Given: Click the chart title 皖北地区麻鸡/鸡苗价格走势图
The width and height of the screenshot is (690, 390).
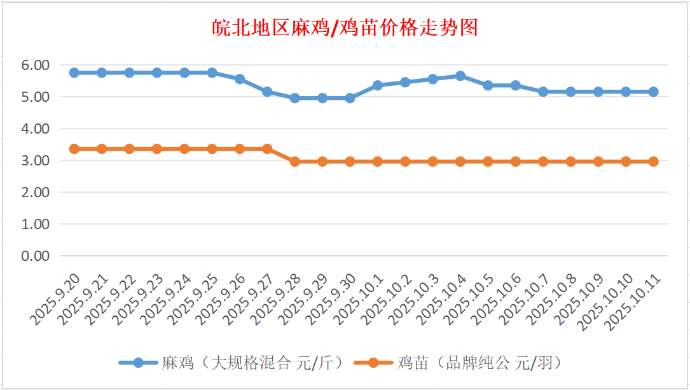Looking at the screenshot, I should [345, 28].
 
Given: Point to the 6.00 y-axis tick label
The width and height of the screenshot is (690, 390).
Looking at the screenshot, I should [36, 65].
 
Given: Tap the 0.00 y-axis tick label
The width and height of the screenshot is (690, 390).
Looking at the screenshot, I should [36, 256].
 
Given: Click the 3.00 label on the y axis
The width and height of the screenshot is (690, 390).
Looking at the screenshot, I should [36, 160].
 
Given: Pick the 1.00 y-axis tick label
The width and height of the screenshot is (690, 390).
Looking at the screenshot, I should [36, 224].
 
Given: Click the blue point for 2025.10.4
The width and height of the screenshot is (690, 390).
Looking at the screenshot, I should [460, 76].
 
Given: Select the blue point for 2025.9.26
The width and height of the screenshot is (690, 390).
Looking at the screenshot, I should [240, 79].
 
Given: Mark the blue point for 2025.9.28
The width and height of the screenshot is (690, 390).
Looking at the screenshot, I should [295, 98].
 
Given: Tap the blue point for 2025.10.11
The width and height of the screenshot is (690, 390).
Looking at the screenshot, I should [653, 92].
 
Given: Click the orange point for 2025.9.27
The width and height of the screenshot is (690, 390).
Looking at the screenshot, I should [267, 149].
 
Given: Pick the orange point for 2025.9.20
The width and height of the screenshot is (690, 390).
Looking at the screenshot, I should [74, 149].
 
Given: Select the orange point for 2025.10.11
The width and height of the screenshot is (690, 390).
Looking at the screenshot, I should [653, 162].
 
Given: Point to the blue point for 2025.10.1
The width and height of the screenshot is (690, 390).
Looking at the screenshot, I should [378, 85].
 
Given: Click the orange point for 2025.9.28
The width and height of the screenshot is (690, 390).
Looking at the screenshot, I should [295, 162].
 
